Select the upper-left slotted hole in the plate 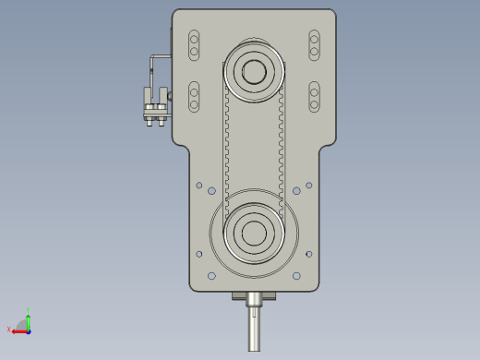pos(194,44)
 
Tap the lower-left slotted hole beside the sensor pos(194,97)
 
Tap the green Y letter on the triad pos(29,309)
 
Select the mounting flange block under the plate pos(255,297)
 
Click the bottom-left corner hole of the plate pos(211,276)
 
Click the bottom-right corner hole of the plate pos(296,276)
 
